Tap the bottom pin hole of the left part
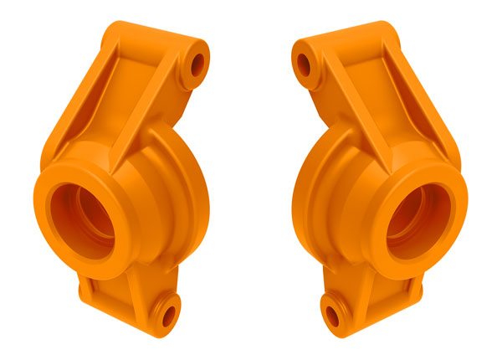[x=166, y=316]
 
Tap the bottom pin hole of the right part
[x=335, y=316]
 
